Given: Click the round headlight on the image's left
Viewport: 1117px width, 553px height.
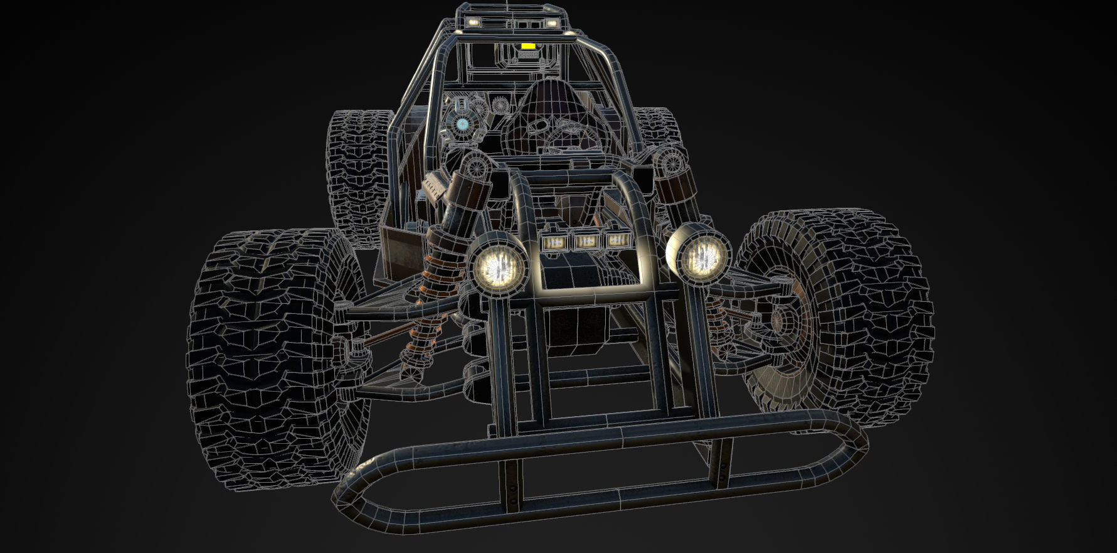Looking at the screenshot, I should click(x=499, y=266).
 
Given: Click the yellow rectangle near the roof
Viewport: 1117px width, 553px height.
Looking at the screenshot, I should click(x=528, y=46).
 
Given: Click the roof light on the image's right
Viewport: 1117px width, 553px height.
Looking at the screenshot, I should click(x=551, y=23).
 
